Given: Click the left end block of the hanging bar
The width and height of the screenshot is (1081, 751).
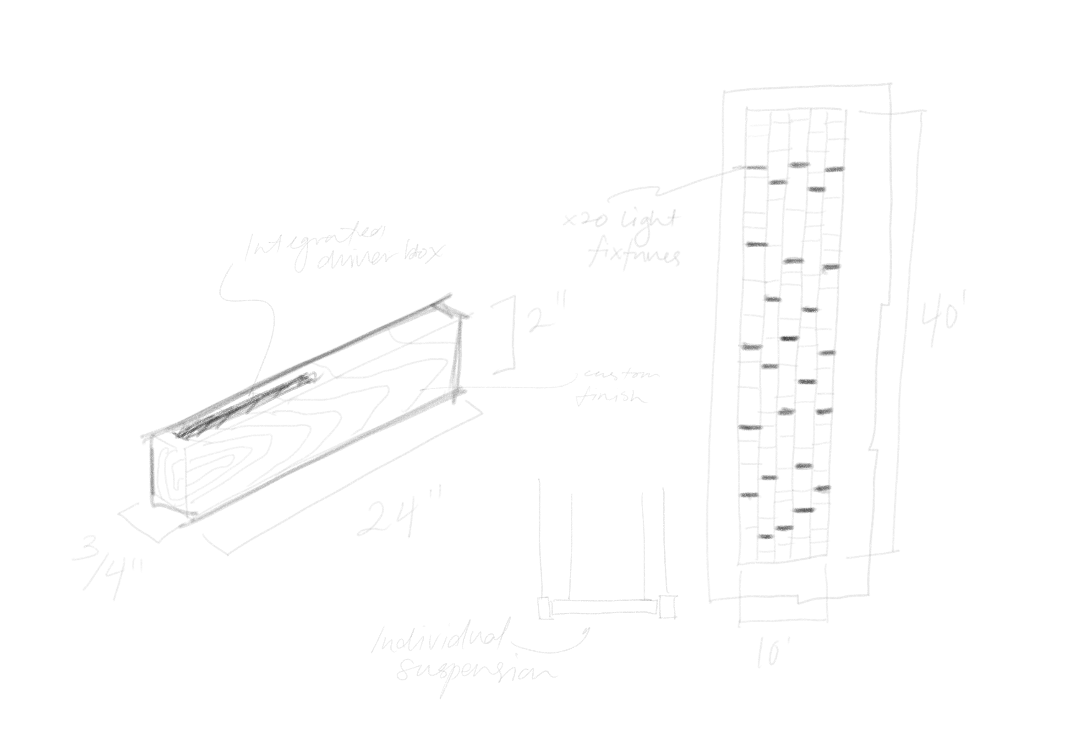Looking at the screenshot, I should (546, 607).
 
